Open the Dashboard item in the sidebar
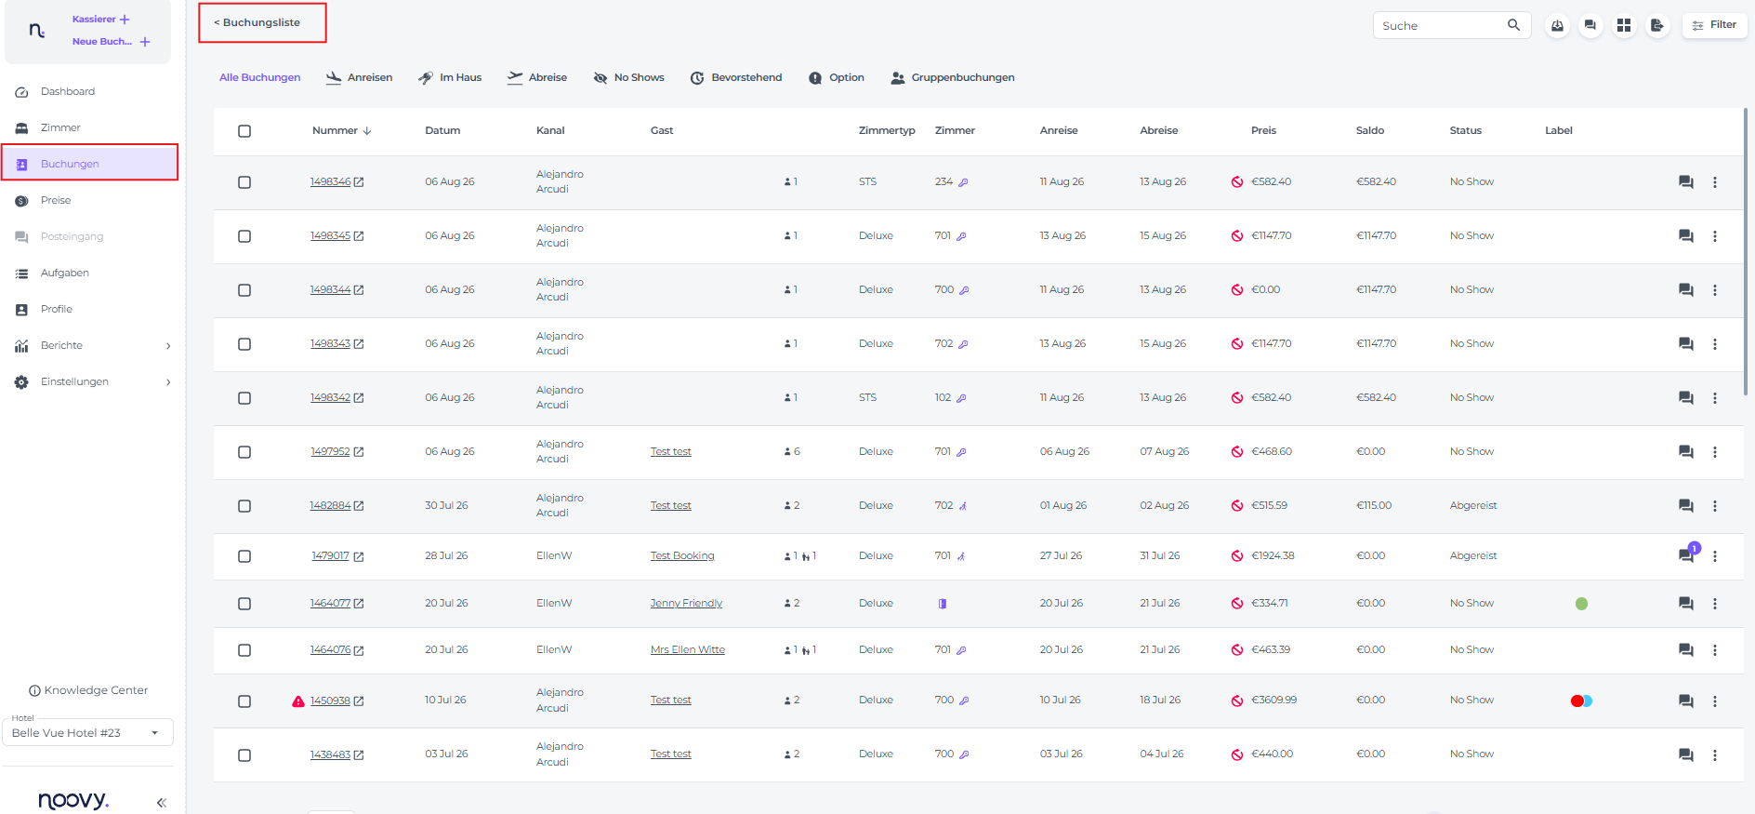point(67,91)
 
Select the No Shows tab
point(628,77)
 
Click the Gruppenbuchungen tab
point(952,77)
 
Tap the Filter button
point(1714,25)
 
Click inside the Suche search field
point(1441,25)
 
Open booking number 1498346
point(331,181)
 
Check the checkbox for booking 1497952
point(244,452)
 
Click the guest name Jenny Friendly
point(686,603)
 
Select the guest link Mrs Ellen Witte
point(688,649)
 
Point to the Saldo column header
point(1369,130)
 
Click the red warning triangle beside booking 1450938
point(298,701)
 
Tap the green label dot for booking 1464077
point(1581,604)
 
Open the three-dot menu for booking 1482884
point(1715,506)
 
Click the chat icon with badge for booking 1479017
point(1687,554)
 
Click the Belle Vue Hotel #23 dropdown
point(87,732)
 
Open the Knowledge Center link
point(88,690)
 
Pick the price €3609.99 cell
point(1273,700)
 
